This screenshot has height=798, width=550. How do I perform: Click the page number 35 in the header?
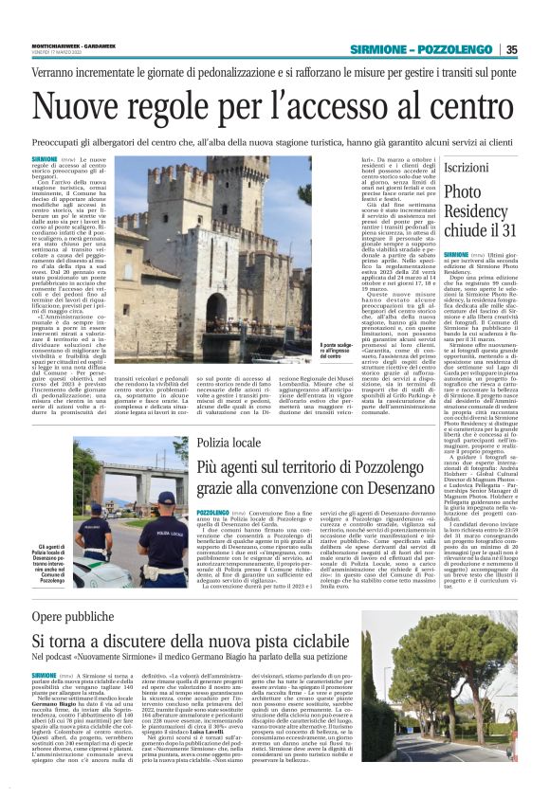(x=511, y=49)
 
